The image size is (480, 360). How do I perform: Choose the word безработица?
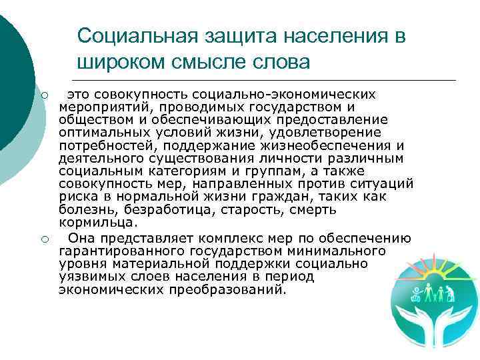click(x=159, y=209)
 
